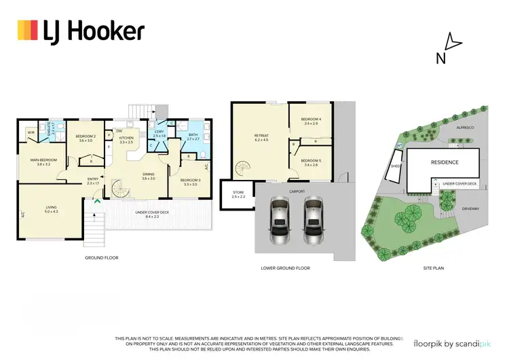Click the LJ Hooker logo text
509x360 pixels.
coord(94,31)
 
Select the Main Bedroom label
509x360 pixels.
coord(43,162)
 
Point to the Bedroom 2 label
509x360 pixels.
coord(85,138)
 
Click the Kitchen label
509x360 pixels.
coord(126,140)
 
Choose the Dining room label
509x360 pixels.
coord(149,176)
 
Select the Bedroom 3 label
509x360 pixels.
coord(189,182)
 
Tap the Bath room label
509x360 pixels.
coord(193,137)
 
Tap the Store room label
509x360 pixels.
coord(239,196)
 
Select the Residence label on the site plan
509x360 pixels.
coord(442,162)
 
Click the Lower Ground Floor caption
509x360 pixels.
coord(285,268)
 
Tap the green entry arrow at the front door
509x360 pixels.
coord(97,202)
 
